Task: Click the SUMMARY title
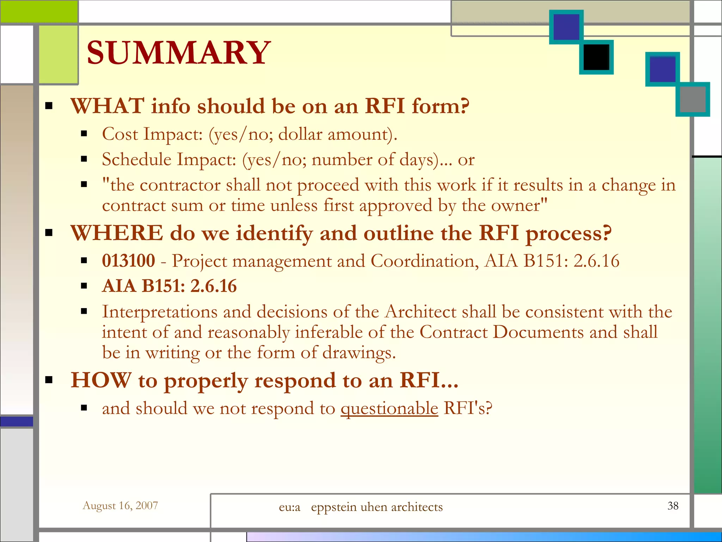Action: [x=178, y=53]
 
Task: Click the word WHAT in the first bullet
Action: [x=108, y=106]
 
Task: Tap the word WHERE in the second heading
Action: [x=117, y=233]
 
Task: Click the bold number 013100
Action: [x=128, y=261]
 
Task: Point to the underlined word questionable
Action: [x=389, y=409]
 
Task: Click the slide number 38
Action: [x=673, y=506]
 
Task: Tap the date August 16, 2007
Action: [x=120, y=506]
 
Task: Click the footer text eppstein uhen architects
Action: [x=377, y=507]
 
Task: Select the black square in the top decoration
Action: [x=596, y=57]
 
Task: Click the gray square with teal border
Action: [x=692, y=100]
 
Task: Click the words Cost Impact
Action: [x=152, y=134]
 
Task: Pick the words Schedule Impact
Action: [x=169, y=159]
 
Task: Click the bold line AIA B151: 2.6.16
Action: [x=169, y=286]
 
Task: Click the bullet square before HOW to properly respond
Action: [x=49, y=380]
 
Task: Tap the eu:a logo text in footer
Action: [x=289, y=507]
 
